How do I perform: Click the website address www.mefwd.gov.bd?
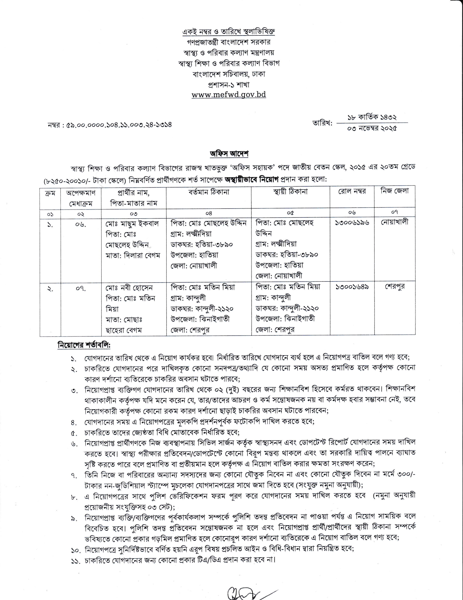229,95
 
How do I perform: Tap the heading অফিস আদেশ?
229,154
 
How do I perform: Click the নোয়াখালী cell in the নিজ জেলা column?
394,222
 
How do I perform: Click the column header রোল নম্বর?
352,191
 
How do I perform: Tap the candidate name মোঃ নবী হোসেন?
129,288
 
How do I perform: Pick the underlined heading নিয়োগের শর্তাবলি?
84,345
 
